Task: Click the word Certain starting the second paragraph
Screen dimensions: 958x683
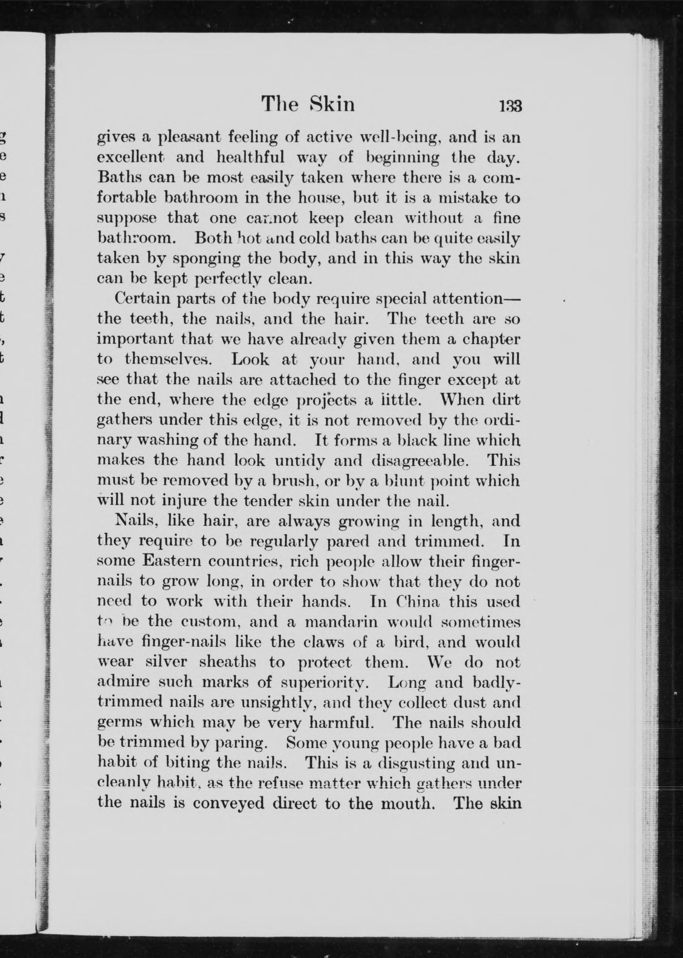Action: click(x=142, y=299)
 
